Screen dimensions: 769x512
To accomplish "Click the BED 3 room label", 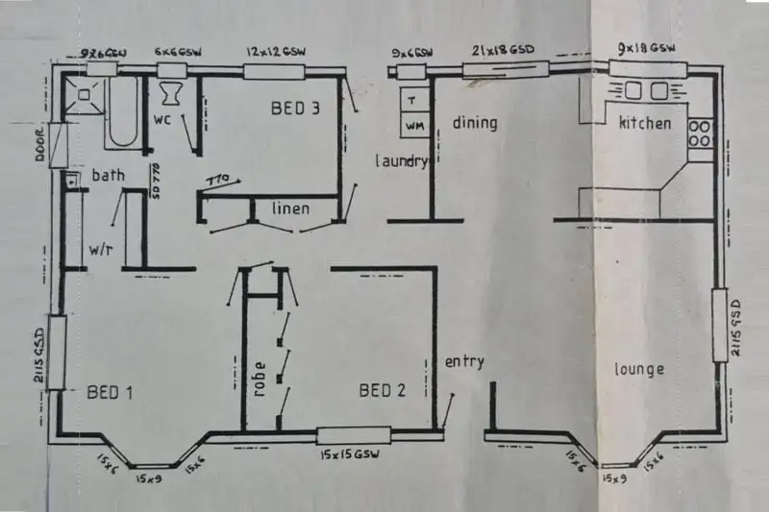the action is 296,109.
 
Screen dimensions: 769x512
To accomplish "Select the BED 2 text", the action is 383,390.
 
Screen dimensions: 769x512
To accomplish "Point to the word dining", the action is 475,123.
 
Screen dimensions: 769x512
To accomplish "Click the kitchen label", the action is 644,123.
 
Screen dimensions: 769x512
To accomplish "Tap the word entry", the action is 463,362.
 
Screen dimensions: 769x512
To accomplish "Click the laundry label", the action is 401,161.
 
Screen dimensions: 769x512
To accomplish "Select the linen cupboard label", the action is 289,208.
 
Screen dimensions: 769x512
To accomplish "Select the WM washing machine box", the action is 413,125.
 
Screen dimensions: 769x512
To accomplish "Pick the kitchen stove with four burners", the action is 701,133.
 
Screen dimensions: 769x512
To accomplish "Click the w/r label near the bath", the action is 101,249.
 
